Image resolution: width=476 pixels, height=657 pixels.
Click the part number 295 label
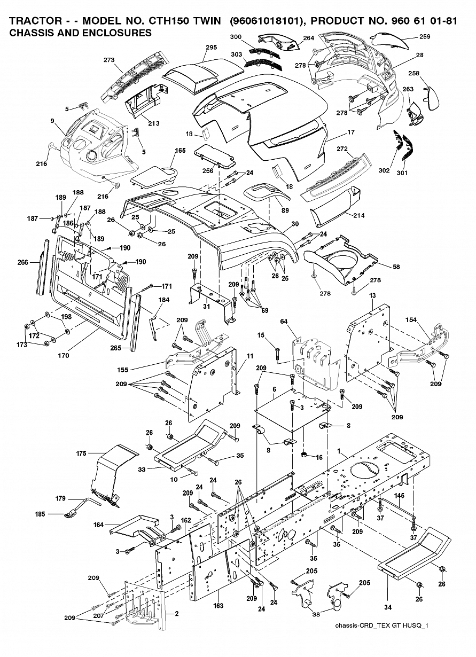211,47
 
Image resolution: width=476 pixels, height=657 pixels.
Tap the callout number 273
109,59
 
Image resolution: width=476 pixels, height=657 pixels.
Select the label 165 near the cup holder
180,151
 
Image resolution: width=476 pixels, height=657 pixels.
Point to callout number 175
81,453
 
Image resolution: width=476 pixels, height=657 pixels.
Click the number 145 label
399,495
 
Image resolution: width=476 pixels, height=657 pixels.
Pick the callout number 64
284,321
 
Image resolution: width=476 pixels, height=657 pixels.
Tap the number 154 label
411,320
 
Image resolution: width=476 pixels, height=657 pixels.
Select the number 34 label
388,607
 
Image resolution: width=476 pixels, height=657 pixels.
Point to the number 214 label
358,216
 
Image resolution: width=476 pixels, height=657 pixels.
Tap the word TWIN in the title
204,21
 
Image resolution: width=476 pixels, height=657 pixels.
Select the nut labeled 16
304,455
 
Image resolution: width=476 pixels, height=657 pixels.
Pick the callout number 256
208,170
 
